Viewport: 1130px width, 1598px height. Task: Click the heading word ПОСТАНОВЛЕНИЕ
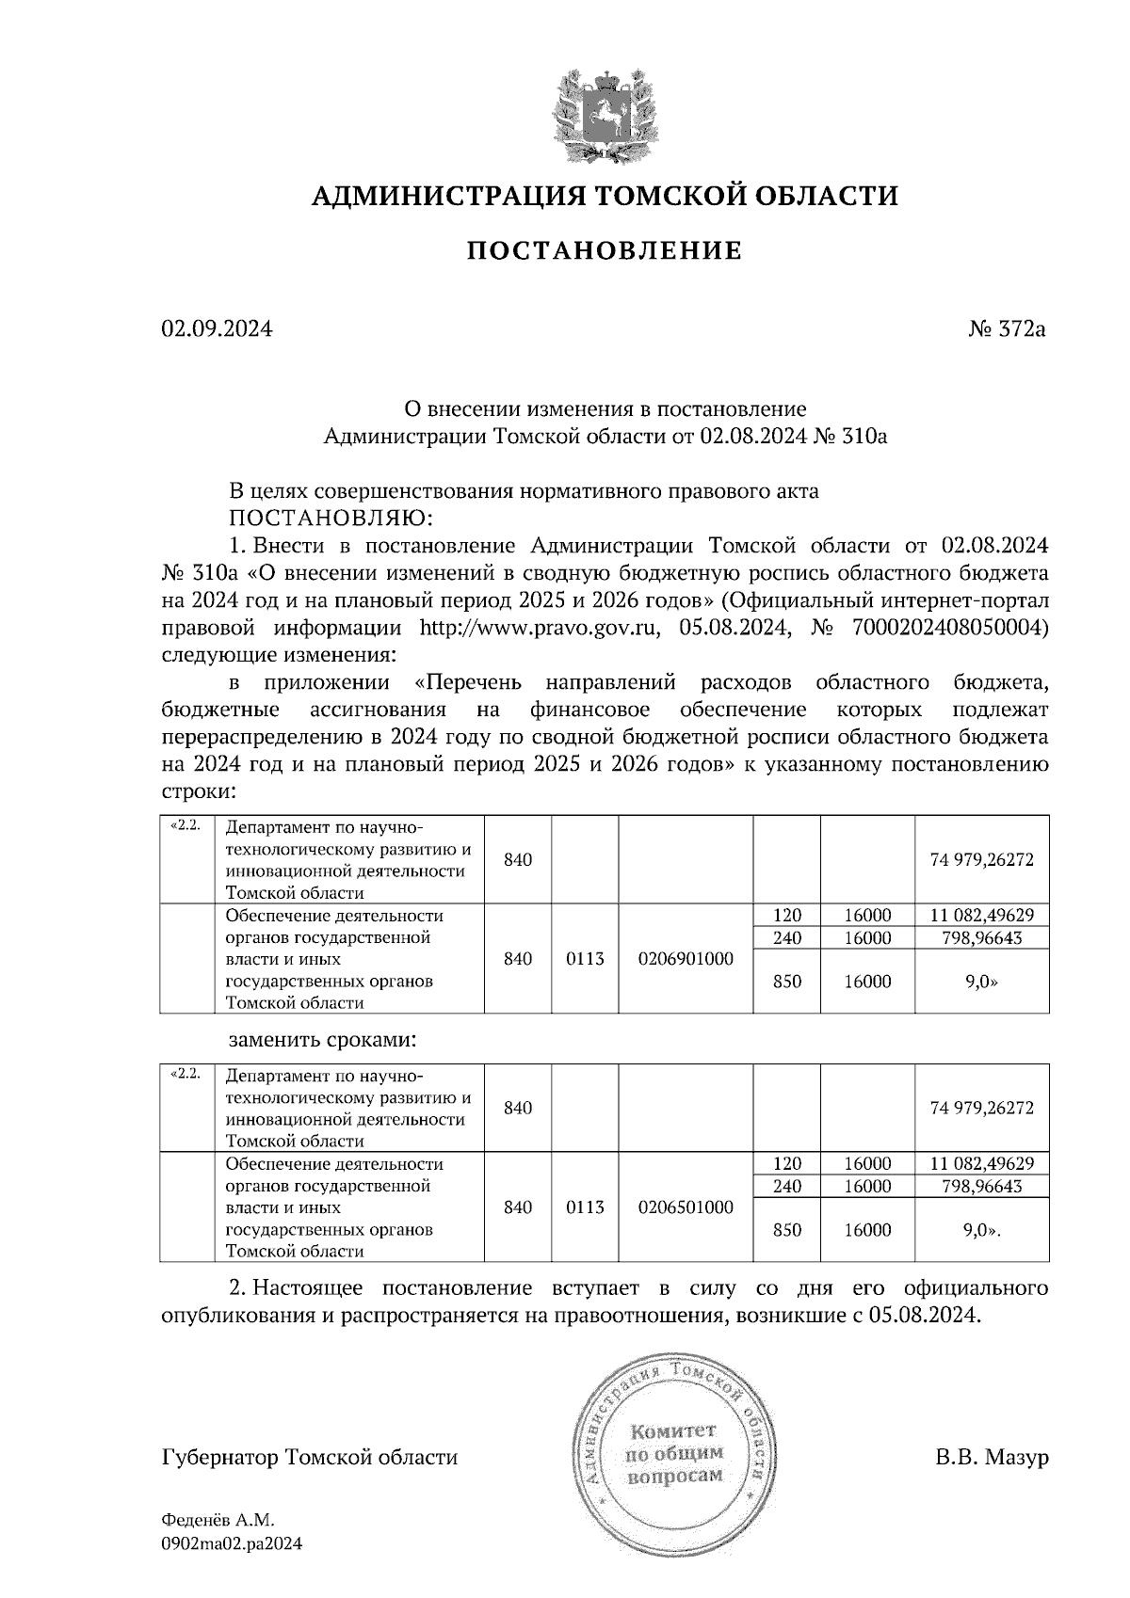(x=605, y=251)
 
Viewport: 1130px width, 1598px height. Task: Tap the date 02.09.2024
(x=217, y=329)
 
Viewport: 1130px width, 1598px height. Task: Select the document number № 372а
(x=1007, y=329)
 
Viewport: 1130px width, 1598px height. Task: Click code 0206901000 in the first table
(x=685, y=959)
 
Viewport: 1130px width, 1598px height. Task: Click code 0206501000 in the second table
(x=685, y=1207)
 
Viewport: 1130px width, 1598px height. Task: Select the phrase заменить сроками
(x=321, y=1041)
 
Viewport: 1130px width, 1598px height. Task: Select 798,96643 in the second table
(x=981, y=1186)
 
